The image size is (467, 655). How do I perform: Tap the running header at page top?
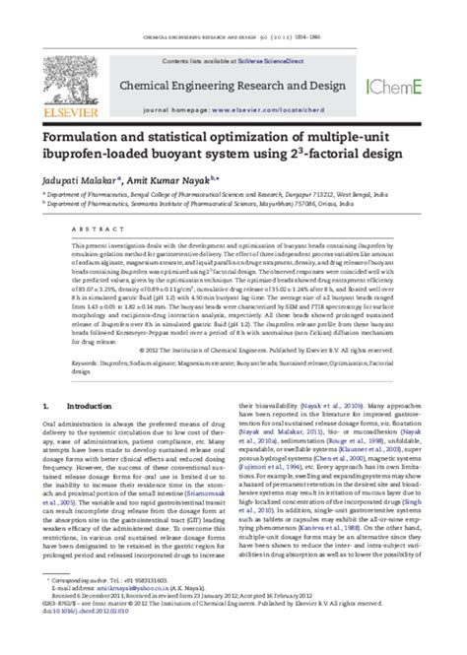[x=233, y=9]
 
